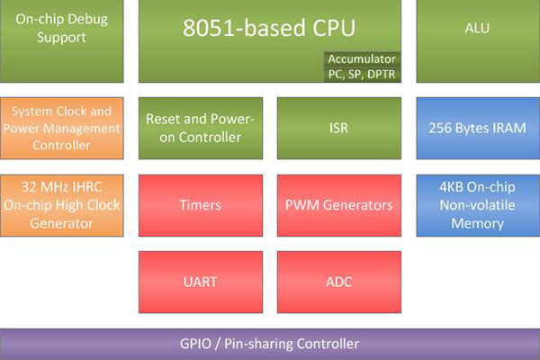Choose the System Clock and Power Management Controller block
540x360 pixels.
64,129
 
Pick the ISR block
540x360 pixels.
339,129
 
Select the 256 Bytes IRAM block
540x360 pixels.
477,129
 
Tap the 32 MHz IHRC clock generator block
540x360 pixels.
64,205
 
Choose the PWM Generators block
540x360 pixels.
339,205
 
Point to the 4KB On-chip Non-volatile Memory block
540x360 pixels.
477,205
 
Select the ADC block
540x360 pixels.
339,282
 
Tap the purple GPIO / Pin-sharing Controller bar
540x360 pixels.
270,344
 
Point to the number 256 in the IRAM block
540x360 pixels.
442,129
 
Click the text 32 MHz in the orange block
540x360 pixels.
43,188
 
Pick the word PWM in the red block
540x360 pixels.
301,205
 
